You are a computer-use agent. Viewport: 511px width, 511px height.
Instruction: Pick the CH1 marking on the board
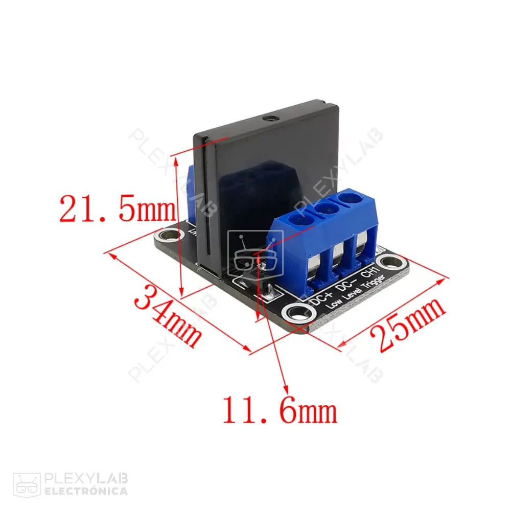[373, 269]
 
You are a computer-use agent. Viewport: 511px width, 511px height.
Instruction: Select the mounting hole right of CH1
[391, 263]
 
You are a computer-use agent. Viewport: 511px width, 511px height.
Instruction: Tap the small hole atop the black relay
[270, 119]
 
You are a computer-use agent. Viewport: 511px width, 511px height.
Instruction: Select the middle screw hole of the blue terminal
[323, 208]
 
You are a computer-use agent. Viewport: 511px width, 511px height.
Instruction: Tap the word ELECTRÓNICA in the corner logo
[86, 492]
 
